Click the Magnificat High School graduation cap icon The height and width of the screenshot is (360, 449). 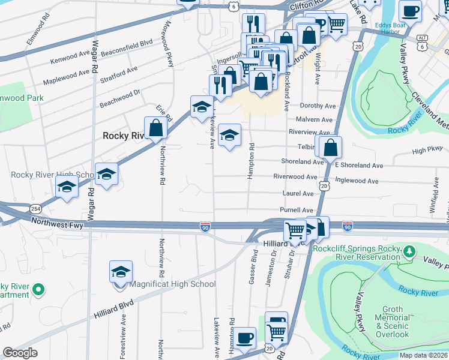pyautogui.click(x=121, y=271)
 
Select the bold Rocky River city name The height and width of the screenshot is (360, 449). pyautogui.click(x=124, y=136)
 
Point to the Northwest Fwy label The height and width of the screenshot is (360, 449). pyautogui.click(x=56, y=221)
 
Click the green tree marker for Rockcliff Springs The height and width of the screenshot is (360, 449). pyautogui.click(x=409, y=251)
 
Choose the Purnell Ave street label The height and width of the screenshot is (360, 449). pyautogui.click(x=297, y=210)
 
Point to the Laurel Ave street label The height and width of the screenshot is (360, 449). pyautogui.click(x=298, y=194)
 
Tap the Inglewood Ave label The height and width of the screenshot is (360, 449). pyautogui.click(x=357, y=181)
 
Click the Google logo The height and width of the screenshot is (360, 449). pyautogui.click(x=20, y=353)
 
